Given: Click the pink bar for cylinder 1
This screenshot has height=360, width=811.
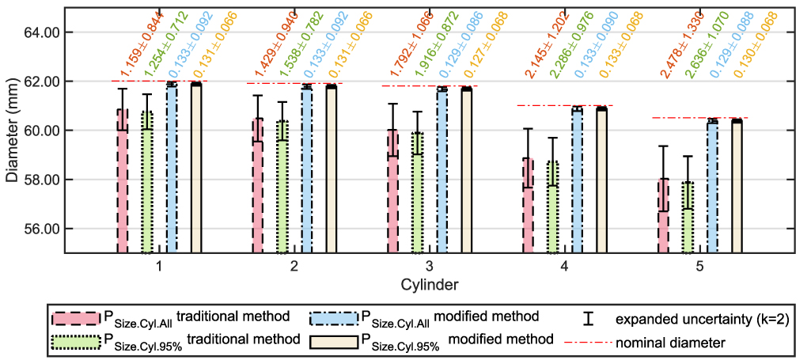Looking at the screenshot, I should click(123, 181).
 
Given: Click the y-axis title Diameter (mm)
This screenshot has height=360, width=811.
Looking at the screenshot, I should click(11, 131).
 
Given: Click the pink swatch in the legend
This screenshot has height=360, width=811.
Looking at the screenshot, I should click(75, 317).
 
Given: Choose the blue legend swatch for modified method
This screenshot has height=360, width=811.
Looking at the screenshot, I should click(334, 317).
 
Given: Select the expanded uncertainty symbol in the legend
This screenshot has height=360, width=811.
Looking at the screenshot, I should click(586, 318).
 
